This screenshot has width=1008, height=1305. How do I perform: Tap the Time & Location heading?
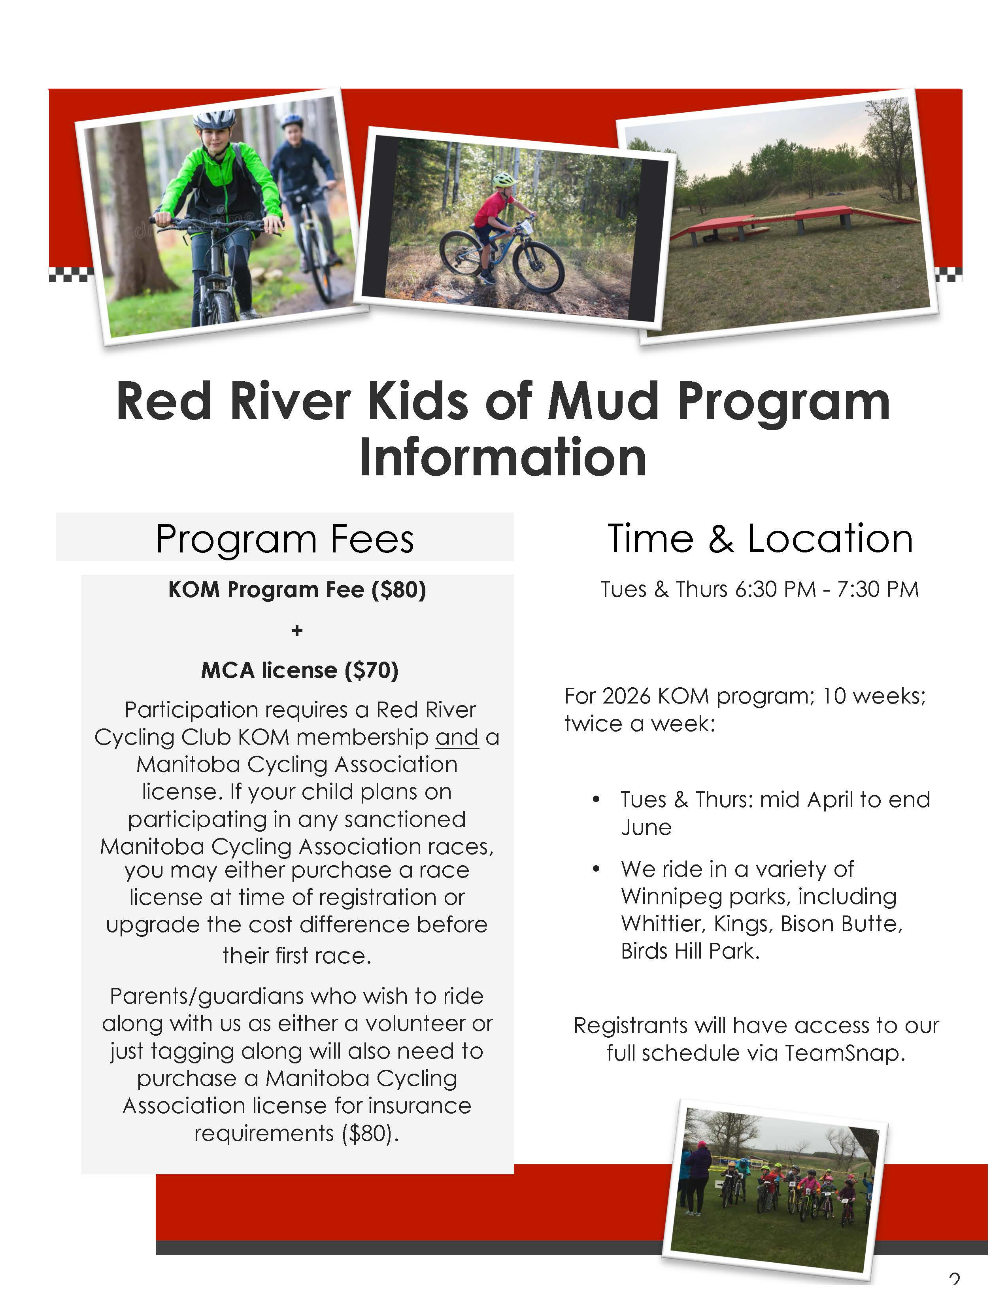click(760, 539)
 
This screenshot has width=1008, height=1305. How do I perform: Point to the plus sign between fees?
click(297, 630)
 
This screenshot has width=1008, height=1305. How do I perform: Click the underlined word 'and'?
click(457, 738)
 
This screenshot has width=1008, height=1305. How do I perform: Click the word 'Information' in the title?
click(503, 457)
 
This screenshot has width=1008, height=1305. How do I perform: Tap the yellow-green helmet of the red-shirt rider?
click(504, 179)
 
